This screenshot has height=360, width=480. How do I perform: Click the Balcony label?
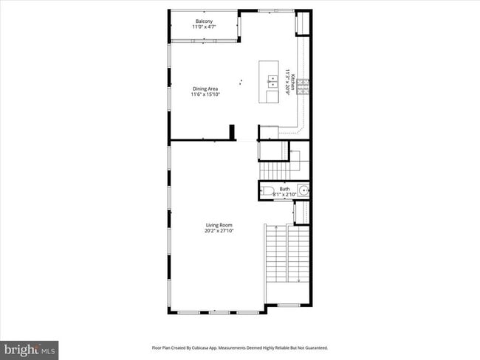click(205, 21)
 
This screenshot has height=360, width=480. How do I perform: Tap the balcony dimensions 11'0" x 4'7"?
click(205, 27)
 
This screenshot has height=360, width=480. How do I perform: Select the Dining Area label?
click(205, 89)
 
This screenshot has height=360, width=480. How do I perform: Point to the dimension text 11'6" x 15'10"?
click(205, 94)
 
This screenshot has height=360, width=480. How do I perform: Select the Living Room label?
click(219, 225)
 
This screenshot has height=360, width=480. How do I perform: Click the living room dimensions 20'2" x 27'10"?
click(219, 231)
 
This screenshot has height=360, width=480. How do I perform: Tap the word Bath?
click(284, 189)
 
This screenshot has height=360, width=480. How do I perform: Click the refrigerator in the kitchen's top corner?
click(301, 24)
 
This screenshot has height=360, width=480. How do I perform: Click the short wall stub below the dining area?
click(232, 131)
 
